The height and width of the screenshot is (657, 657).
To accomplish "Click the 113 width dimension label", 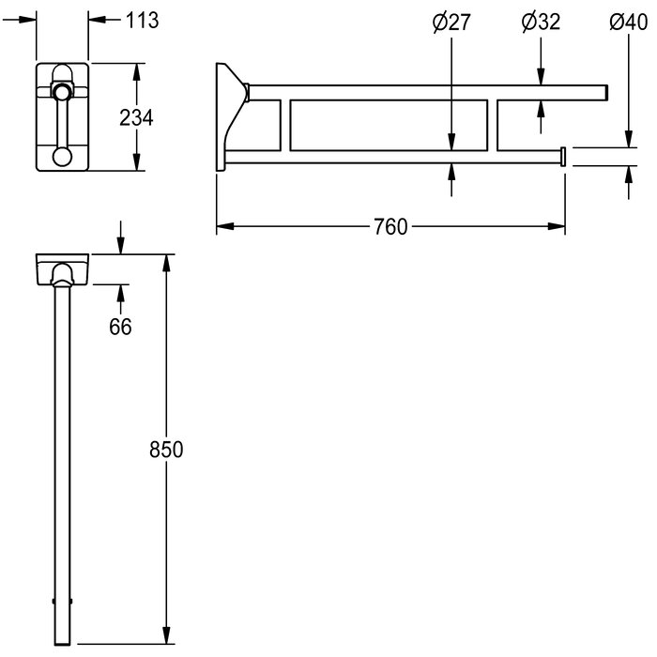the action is point(143,20).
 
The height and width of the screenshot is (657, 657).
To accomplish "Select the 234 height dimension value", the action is point(136,117).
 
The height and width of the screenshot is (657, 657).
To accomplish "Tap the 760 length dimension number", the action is point(390,227).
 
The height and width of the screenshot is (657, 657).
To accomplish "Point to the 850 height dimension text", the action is point(166,450).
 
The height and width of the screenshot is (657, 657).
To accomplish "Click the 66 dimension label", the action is point(120,327).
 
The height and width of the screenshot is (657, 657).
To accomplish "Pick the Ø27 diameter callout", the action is point(451,23).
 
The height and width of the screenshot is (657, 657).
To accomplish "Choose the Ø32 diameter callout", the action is point(541,23).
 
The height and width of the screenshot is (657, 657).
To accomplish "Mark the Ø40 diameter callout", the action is point(629,23).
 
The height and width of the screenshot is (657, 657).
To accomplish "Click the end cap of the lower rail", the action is point(563,157).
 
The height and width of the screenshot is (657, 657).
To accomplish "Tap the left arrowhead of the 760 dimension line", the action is point(225,226).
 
